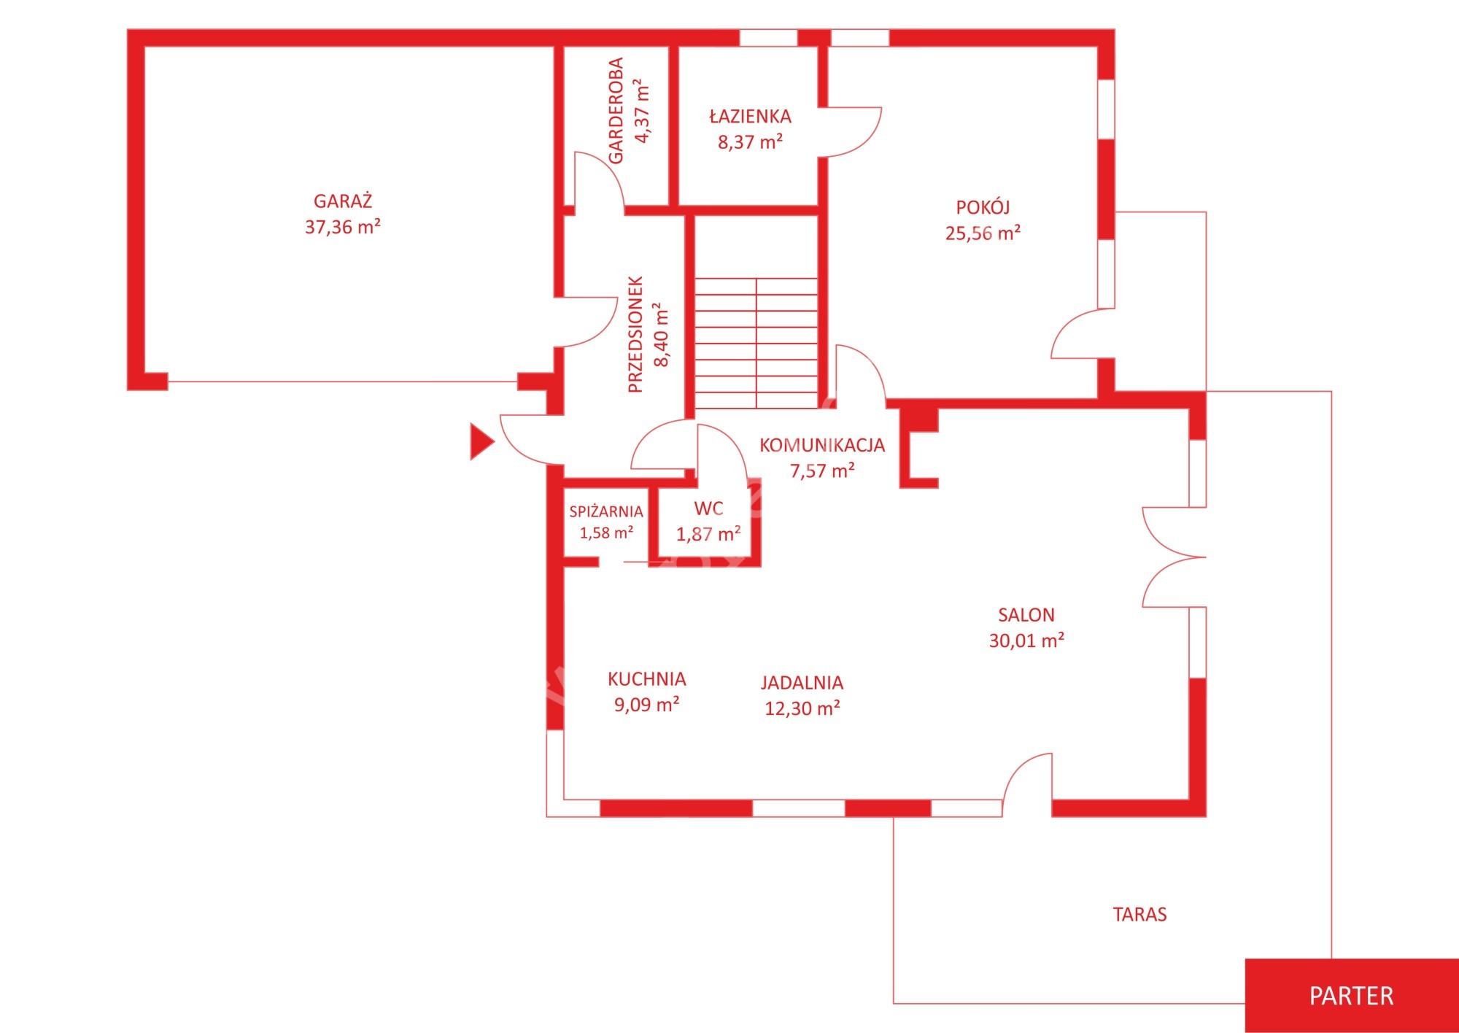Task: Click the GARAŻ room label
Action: coord(343,200)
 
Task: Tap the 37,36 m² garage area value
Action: coord(343,227)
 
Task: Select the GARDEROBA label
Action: coord(616,111)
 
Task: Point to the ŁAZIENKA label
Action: coord(750,116)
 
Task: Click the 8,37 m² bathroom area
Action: coord(750,142)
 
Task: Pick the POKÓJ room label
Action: coord(983,206)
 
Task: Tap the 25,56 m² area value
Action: coord(983,233)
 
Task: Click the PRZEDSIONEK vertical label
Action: coord(635,334)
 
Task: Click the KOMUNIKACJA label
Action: coord(822,445)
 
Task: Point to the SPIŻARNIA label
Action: coord(606,511)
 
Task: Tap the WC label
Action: coord(708,508)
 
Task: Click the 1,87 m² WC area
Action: coord(708,534)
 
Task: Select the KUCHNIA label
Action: coord(647,679)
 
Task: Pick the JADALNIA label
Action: coord(802,683)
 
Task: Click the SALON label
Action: coord(1026,615)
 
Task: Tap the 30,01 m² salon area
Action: coord(1026,641)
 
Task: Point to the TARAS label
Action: coord(1139,914)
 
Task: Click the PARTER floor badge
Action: coord(1352,996)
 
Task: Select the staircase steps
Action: coord(756,343)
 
